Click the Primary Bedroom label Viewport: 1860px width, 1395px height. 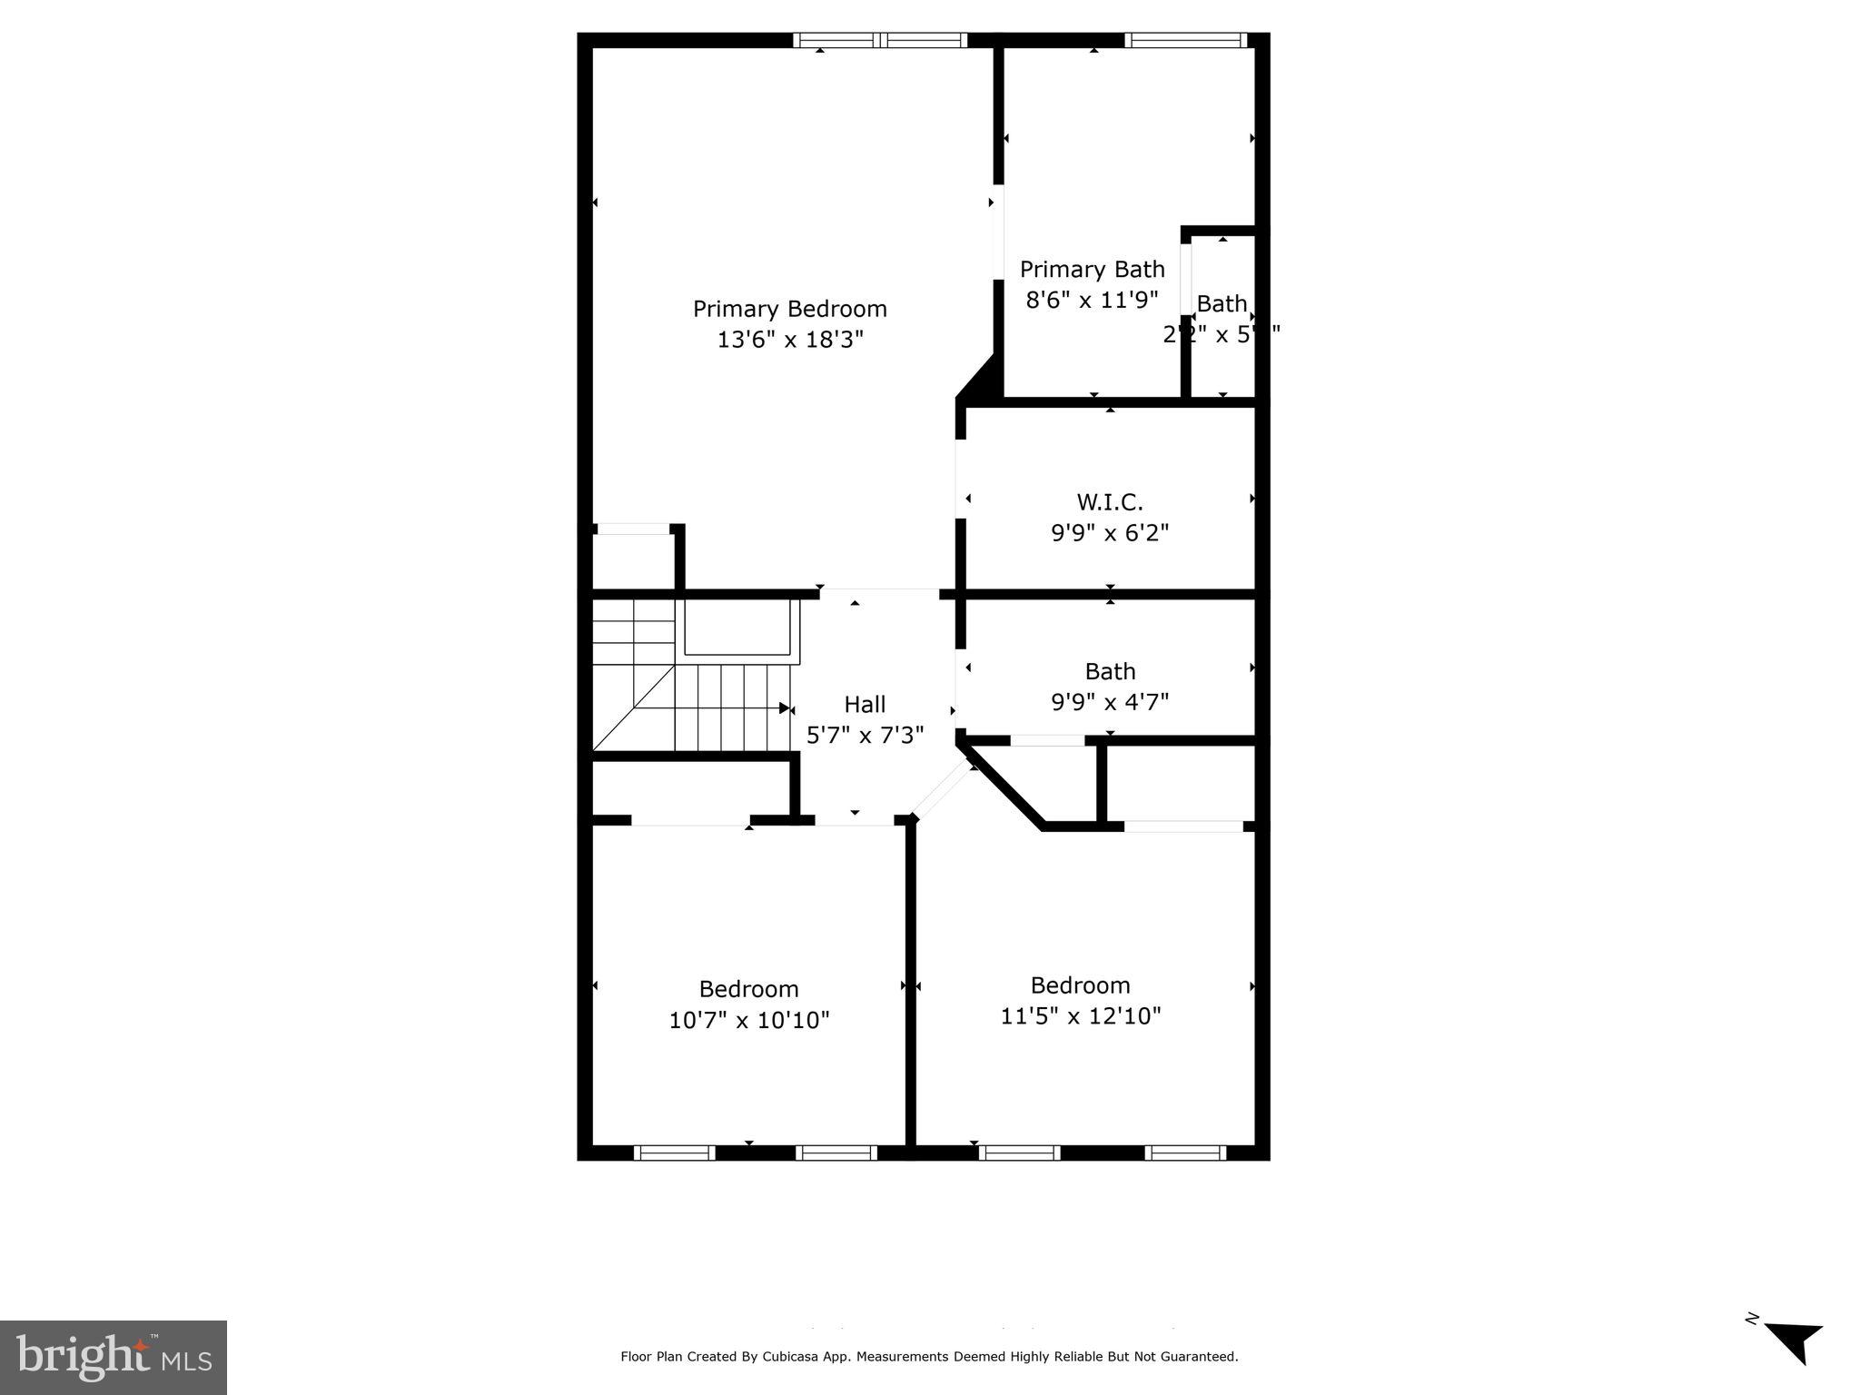pyautogui.click(x=789, y=309)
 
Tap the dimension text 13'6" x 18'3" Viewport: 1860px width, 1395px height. pyautogui.click(x=789, y=340)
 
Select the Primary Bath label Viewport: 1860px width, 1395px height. pyautogui.click(x=1092, y=270)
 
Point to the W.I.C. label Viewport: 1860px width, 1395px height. pyautogui.click(x=1109, y=501)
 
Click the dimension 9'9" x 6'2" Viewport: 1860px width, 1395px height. pyautogui.click(x=1109, y=532)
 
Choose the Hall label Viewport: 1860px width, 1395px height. pyautogui.click(x=864, y=704)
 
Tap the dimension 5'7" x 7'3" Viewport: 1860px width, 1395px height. pyautogui.click(x=864, y=735)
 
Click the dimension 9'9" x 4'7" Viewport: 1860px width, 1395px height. pyautogui.click(x=1109, y=702)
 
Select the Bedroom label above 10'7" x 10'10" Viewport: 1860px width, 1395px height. pyautogui.click(x=748, y=989)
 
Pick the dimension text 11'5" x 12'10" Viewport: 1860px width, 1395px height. pyautogui.click(x=1080, y=1015)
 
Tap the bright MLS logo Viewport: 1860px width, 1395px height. pyautogui.click(x=114, y=1357)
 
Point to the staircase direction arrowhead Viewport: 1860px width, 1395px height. pyautogui.click(x=785, y=707)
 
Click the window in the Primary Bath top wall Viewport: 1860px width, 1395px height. pyautogui.click(x=1184, y=40)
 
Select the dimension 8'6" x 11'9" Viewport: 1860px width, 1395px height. pyautogui.click(x=1092, y=300)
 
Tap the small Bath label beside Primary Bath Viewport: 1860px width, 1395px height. pyautogui.click(x=1222, y=303)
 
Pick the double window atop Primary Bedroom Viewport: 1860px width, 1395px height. pyautogui.click(x=879, y=40)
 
